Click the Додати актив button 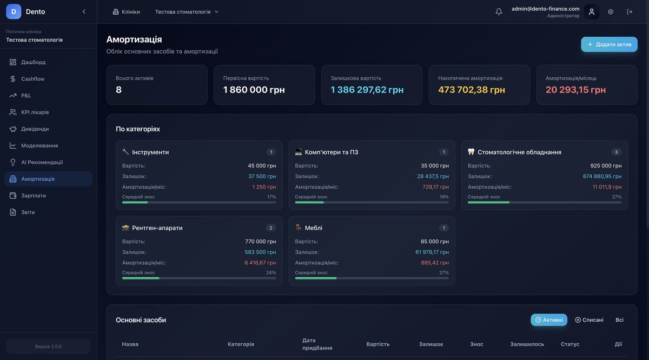tap(609, 44)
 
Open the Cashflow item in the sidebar tap(32, 79)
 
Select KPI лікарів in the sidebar tap(35, 112)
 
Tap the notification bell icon tap(499, 12)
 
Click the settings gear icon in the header tap(611, 12)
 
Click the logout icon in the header tap(630, 12)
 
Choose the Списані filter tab tap(589, 320)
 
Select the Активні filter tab tap(549, 320)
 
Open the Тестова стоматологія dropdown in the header tap(187, 12)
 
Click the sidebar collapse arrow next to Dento tap(84, 12)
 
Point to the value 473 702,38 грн tap(472, 90)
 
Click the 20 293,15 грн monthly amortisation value tap(575, 90)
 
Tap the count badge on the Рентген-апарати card tap(271, 228)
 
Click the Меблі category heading tap(313, 228)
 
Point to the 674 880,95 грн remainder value tap(602, 176)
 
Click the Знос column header tap(476, 344)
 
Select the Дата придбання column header tap(317, 344)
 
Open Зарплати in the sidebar tap(34, 196)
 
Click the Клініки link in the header tap(126, 12)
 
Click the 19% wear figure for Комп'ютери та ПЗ tap(444, 197)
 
